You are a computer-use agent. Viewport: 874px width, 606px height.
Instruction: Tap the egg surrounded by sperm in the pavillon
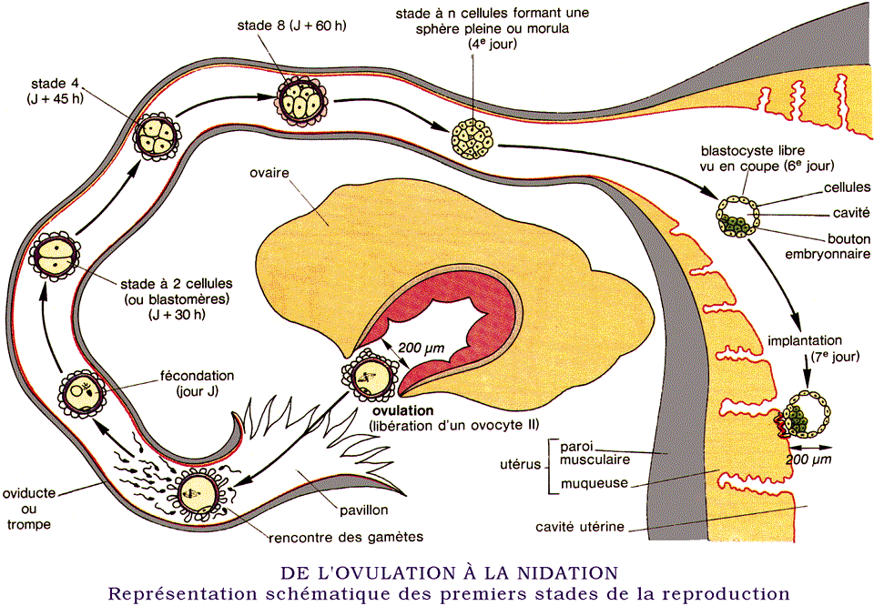coord(200,492)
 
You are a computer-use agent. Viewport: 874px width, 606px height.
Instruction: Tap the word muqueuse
coord(595,483)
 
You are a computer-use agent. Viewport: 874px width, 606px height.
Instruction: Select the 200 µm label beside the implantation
coord(808,460)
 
